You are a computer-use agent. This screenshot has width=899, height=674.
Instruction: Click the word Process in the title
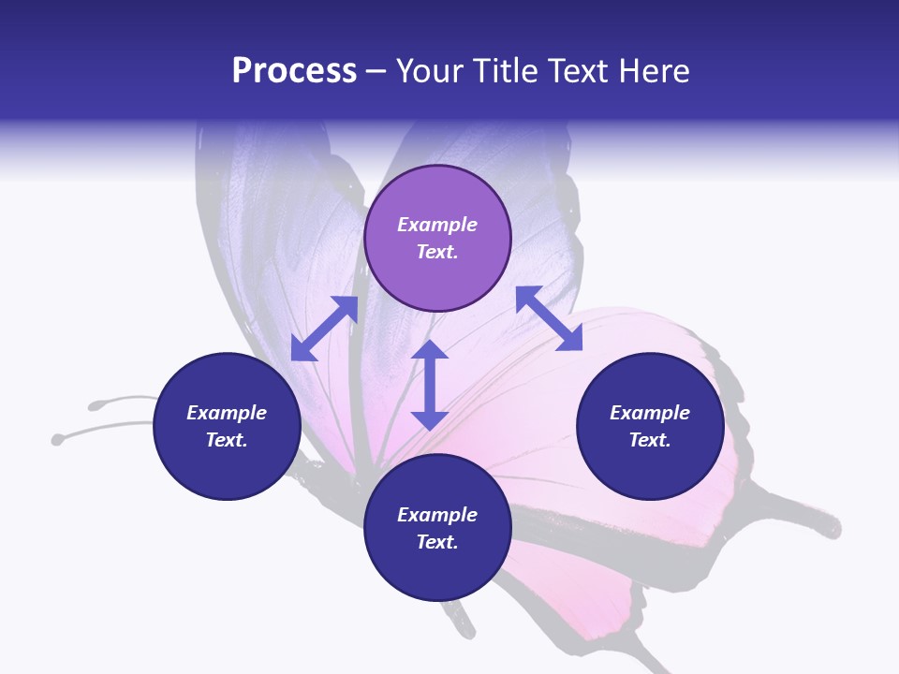(294, 71)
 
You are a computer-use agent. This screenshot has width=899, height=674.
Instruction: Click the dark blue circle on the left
(227, 426)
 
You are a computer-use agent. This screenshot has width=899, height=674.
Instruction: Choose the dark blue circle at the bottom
(437, 527)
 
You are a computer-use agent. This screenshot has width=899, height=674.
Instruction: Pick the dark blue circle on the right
(650, 426)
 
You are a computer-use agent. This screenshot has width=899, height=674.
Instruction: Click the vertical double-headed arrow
(430, 385)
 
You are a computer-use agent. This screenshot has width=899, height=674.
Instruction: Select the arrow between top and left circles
(324, 329)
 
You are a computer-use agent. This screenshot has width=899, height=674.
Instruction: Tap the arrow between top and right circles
(549, 318)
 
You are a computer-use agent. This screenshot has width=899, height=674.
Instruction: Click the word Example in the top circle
(437, 225)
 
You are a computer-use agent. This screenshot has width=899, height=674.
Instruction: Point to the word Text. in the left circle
(227, 440)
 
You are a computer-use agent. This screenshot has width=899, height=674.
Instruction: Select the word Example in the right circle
(650, 413)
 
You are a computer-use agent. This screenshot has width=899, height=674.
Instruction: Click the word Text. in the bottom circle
(437, 542)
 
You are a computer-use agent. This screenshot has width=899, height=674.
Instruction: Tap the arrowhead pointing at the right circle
(569, 339)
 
